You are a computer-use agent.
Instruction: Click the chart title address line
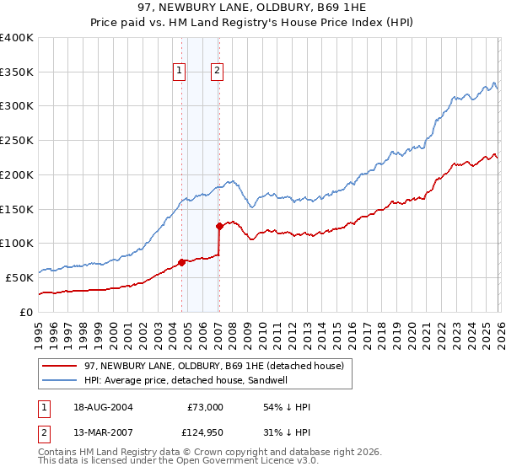pos(253,7)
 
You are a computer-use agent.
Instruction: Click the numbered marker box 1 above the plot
pos(180,72)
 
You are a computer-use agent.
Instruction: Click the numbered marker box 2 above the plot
pos(217,72)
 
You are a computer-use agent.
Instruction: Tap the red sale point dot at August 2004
pos(182,261)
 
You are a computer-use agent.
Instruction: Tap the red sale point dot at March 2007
pos(219,226)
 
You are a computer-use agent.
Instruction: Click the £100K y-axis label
pos(17,244)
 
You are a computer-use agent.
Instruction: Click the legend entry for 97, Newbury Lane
pos(213,366)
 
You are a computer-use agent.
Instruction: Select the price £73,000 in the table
pos(204,407)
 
